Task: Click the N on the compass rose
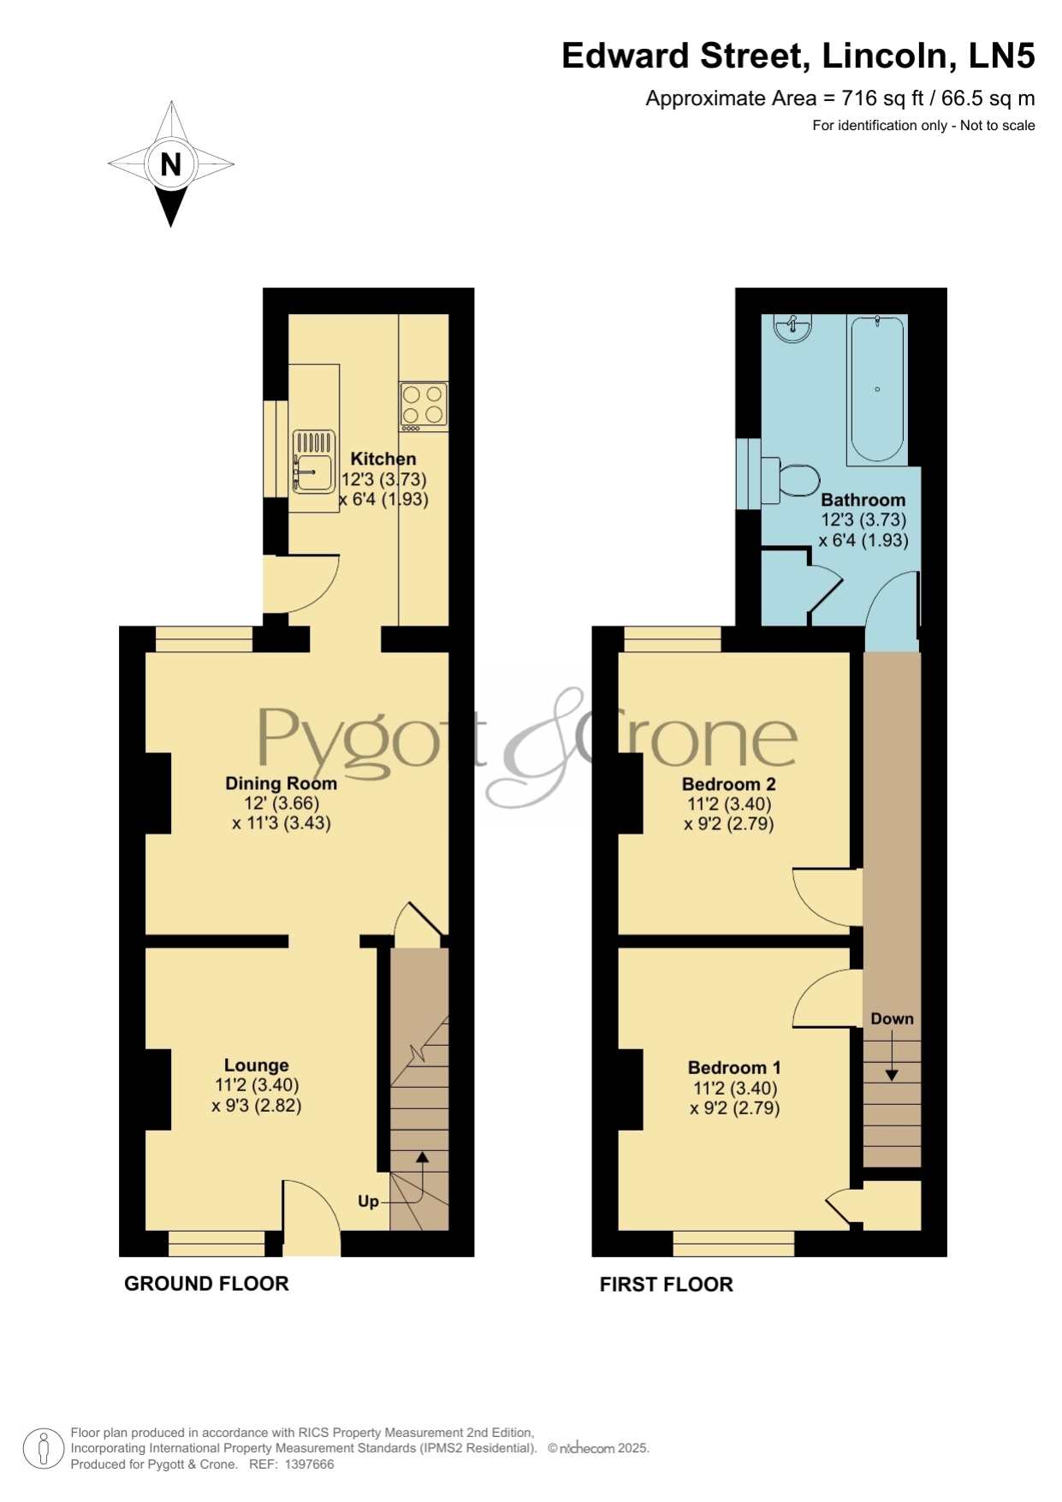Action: tap(171, 163)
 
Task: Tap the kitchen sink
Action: tap(314, 461)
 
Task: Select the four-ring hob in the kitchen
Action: tap(424, 407)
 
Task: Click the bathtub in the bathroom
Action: tap(876, 390)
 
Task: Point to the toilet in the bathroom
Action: tap(790, 480)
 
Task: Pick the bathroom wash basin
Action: tap(793, 328)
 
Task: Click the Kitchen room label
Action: tap(383, 459)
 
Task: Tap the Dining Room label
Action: tap(281, 783)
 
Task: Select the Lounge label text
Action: tap(257, 1066)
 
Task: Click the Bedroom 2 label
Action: tap(729, 784)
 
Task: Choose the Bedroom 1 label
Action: tap(734, 1067)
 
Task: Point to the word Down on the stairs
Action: tap(893, 1018)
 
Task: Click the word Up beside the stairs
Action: tap(368, 1202)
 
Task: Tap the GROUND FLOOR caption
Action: tap(206, 1284)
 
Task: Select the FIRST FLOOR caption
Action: tap(667, 1285)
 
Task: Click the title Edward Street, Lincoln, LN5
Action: tap(798, 56)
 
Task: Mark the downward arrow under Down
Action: tap(892, 1054)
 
